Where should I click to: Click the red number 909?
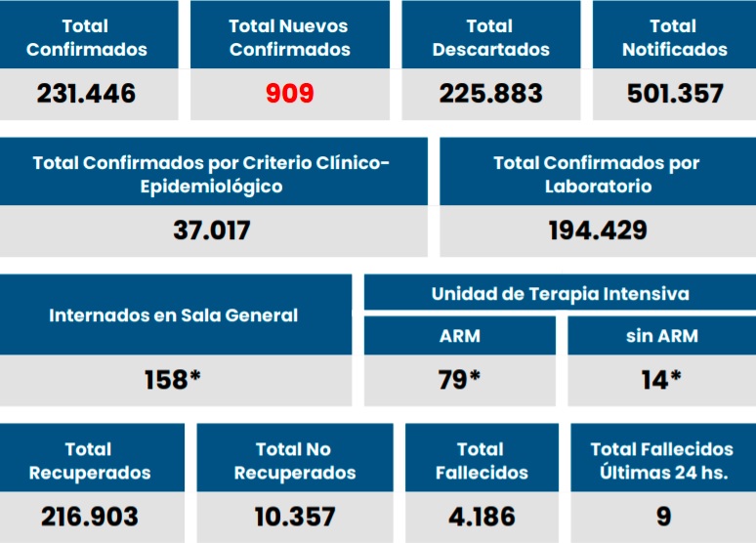point(290,94)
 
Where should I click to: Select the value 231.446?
point(86,94)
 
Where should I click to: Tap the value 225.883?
point(490,94)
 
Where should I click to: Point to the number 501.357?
point(673,94)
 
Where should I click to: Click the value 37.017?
point(212,230)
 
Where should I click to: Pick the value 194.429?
point(597,230)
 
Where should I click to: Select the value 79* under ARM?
point(459,380)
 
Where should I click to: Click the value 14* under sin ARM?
point(661,380)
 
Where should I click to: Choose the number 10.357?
point(294,517)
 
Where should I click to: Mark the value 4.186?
point(481,517)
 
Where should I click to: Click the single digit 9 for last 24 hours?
point(663,517)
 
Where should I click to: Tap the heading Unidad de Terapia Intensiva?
point(560,293)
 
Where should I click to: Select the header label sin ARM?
point(661,336)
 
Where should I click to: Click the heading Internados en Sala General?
point(174,315)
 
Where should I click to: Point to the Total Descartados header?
point(490,37)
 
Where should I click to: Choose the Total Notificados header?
point(674,37)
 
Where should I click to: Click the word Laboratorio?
point(597,186)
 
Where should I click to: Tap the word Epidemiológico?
point(212,186)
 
